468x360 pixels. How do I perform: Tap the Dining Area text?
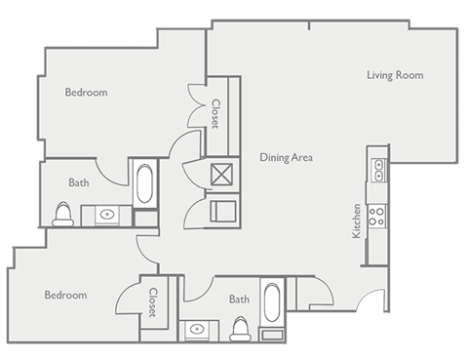coord(286,156)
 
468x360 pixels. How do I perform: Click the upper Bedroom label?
coord(86,93)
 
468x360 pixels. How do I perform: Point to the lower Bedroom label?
coord(65,295)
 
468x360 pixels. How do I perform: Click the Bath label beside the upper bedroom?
coord(79,182)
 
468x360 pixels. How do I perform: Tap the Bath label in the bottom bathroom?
coord(239,300)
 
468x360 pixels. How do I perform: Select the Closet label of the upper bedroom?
coord(214,114)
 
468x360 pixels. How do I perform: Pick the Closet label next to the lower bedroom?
coord(153,301)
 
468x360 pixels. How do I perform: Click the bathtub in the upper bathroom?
coord(144,183)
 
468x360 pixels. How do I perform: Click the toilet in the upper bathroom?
coord(64,214)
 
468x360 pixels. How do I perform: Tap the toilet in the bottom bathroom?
coord(240,330)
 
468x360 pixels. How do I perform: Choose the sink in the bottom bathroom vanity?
coord(199,329)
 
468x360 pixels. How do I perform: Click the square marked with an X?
coord(222,176)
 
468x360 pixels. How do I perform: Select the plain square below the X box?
coord(222,211)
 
